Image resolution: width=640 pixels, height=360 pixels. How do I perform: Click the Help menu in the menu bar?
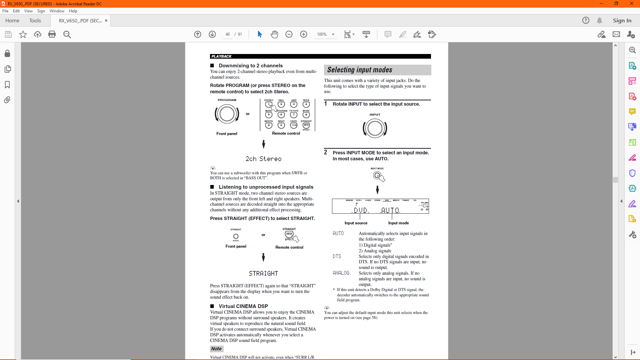(73, 11)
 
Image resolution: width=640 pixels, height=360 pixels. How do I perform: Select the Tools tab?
(35, 20)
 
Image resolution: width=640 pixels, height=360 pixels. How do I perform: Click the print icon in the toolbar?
(52, 34)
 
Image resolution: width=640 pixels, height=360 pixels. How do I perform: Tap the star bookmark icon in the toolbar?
(23, 34)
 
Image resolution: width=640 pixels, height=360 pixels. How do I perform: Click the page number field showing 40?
(228, 34)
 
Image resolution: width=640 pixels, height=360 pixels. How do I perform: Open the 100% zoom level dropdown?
(333, 34)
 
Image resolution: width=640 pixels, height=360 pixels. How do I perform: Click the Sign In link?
(622, 20)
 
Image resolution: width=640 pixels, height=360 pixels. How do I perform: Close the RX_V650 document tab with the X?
(106, 20)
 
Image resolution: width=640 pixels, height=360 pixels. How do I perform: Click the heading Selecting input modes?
(360, 70)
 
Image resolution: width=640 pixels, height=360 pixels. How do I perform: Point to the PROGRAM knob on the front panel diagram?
(227, 114)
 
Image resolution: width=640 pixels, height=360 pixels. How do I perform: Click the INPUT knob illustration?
(375, 129)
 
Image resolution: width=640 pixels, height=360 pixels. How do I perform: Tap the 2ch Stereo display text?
(263, 159)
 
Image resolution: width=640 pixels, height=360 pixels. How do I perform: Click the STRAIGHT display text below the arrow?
(263, 274)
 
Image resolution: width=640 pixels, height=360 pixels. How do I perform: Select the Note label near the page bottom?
(216, 349)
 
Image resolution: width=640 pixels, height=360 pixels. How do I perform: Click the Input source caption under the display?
(356, 223)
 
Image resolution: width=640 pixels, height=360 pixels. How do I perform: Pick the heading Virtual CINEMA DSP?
(243, 306)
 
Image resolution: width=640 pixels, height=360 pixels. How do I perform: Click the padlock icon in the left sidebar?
(7, 54)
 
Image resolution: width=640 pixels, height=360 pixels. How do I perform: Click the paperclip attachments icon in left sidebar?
(7, 100)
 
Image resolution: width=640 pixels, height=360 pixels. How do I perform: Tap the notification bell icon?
(599, 20)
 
